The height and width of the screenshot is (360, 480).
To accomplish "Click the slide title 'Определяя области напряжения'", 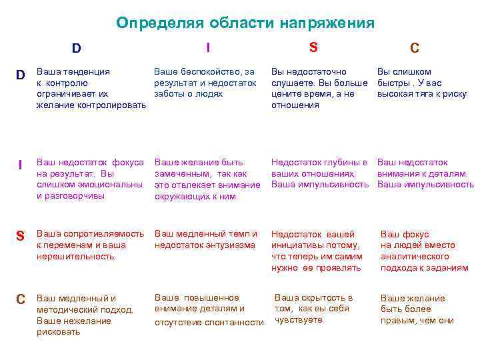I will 245,23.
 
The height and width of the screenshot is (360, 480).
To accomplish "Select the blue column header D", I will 77,48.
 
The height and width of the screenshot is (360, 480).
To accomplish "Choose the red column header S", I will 313,47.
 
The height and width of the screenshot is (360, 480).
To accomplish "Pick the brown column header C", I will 414,48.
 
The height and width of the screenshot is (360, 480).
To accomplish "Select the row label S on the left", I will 20,236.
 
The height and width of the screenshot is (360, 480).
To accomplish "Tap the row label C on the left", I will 21,299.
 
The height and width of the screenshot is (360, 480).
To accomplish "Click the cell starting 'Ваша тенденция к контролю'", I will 91,88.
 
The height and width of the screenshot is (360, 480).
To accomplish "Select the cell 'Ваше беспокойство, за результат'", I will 205,83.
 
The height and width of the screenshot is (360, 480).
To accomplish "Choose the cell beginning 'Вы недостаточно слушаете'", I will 319,88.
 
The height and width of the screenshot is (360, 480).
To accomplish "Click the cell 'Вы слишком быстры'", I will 422,83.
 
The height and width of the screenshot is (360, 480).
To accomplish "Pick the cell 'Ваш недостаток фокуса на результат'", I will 90,179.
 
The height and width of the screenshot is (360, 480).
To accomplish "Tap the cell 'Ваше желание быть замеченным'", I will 207,179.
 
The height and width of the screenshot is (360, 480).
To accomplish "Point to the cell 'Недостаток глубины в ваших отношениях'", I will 319,173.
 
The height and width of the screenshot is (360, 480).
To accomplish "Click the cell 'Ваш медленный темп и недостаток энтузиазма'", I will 205,239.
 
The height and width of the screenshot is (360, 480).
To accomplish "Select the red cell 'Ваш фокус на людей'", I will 424,251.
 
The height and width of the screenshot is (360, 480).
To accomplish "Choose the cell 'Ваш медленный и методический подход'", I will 85,315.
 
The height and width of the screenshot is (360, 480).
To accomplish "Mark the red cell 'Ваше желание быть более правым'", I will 417,309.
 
